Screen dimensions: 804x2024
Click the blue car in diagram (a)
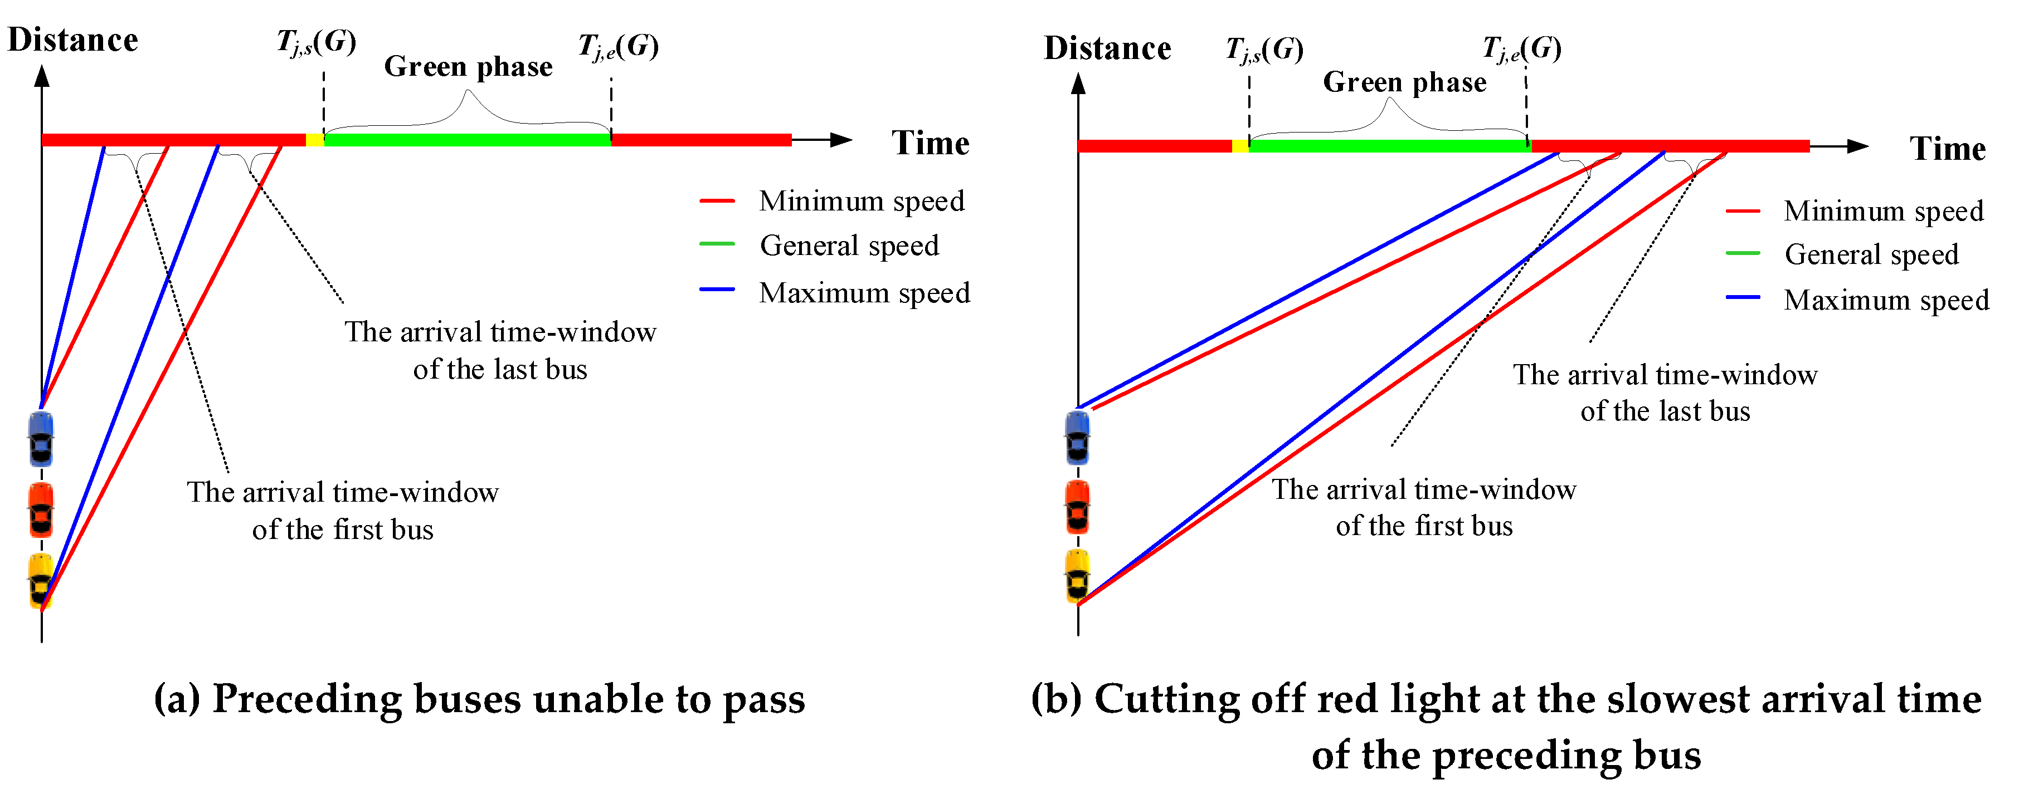click(x=41, y=438)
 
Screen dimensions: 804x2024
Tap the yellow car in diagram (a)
click(x=41, y=580)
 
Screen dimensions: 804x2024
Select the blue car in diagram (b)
click(x=1077, y=437)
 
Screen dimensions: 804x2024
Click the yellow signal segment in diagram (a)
click(x=314, y=140)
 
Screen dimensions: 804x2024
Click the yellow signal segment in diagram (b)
click(x=1240, y=146)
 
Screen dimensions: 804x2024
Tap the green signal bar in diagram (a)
click(x=468, y=140)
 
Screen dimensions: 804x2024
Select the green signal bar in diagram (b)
click(x=1389, y=146)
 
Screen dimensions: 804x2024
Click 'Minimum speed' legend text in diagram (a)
click(x=861, y=201)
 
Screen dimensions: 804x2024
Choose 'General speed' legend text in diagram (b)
click(x=1871, y=254)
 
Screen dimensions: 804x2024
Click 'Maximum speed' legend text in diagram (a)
click(x=864, y=293)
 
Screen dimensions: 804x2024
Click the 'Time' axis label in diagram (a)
click(x=930, y=143)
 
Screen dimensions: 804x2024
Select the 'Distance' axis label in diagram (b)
click(x=1107, y=48)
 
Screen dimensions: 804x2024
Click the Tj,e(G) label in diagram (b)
click(x=1521, y=48)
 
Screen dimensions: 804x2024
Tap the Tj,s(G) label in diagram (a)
click(x=316, y=42)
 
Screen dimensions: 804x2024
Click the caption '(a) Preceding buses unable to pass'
click(x=479, y=699)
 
